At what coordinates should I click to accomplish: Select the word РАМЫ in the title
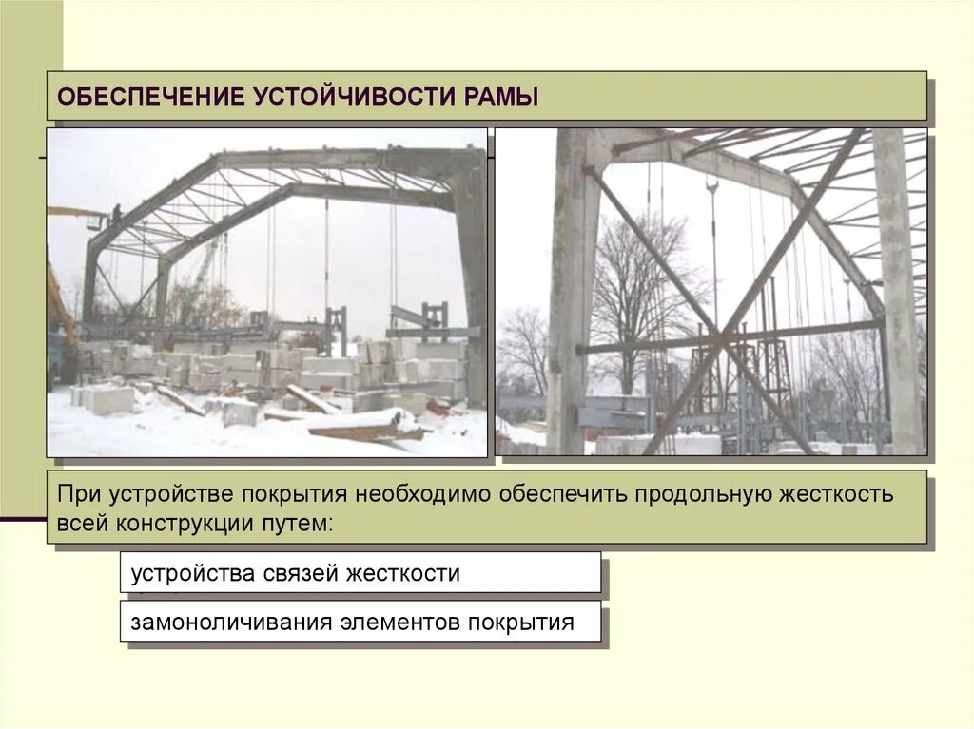pos(502,97)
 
